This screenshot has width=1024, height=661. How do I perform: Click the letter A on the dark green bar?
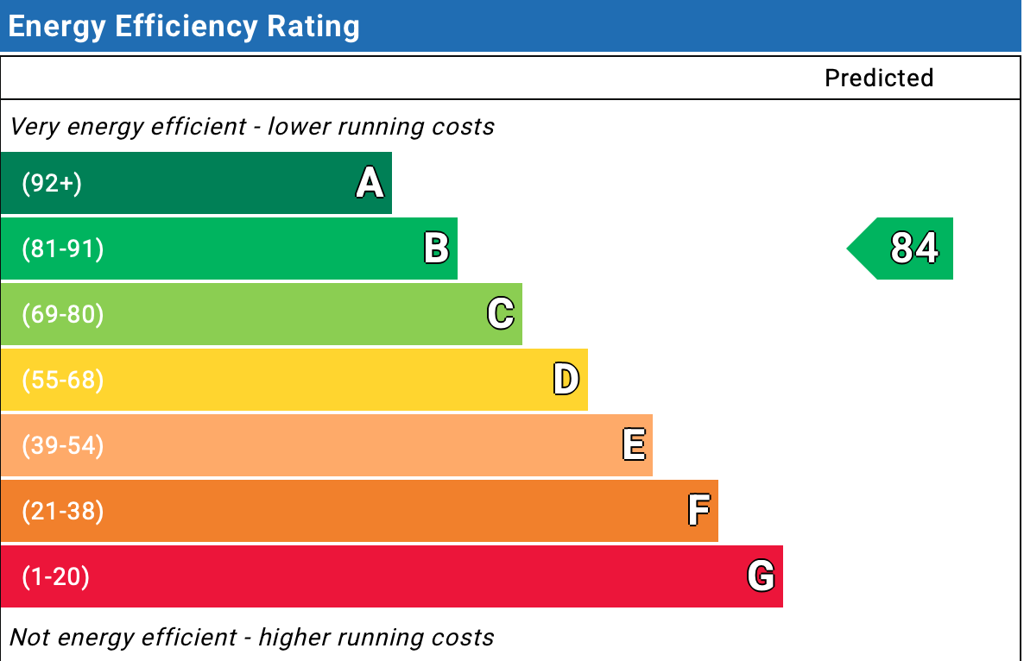coord(370,184)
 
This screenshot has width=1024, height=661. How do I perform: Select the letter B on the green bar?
coord(436,249)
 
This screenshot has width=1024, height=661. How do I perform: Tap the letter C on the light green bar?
coord(501,314)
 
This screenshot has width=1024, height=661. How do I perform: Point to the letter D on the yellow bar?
coord(566,380)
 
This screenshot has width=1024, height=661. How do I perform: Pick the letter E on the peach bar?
coord(633,445)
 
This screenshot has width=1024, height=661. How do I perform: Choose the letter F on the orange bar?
coord(698,511)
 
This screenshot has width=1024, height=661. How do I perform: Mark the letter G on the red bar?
coord(761,576)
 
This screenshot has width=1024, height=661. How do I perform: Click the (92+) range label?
coord(52,184)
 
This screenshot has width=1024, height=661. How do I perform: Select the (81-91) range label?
coord(62,249)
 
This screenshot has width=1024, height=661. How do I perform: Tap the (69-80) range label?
coord(62,315)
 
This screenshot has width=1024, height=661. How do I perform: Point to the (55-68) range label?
coord(62,381)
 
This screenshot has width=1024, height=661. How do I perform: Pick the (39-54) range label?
coord(62,446)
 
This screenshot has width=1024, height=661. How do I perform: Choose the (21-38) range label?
coord(62,512)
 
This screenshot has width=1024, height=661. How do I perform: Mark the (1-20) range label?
coord(55,577)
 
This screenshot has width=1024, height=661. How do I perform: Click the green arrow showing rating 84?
coord(903,249)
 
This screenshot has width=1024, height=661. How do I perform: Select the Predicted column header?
coord(879,79)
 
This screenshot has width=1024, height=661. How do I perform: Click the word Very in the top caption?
coord(34,127)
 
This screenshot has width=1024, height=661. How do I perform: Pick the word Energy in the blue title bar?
coord(57,28)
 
